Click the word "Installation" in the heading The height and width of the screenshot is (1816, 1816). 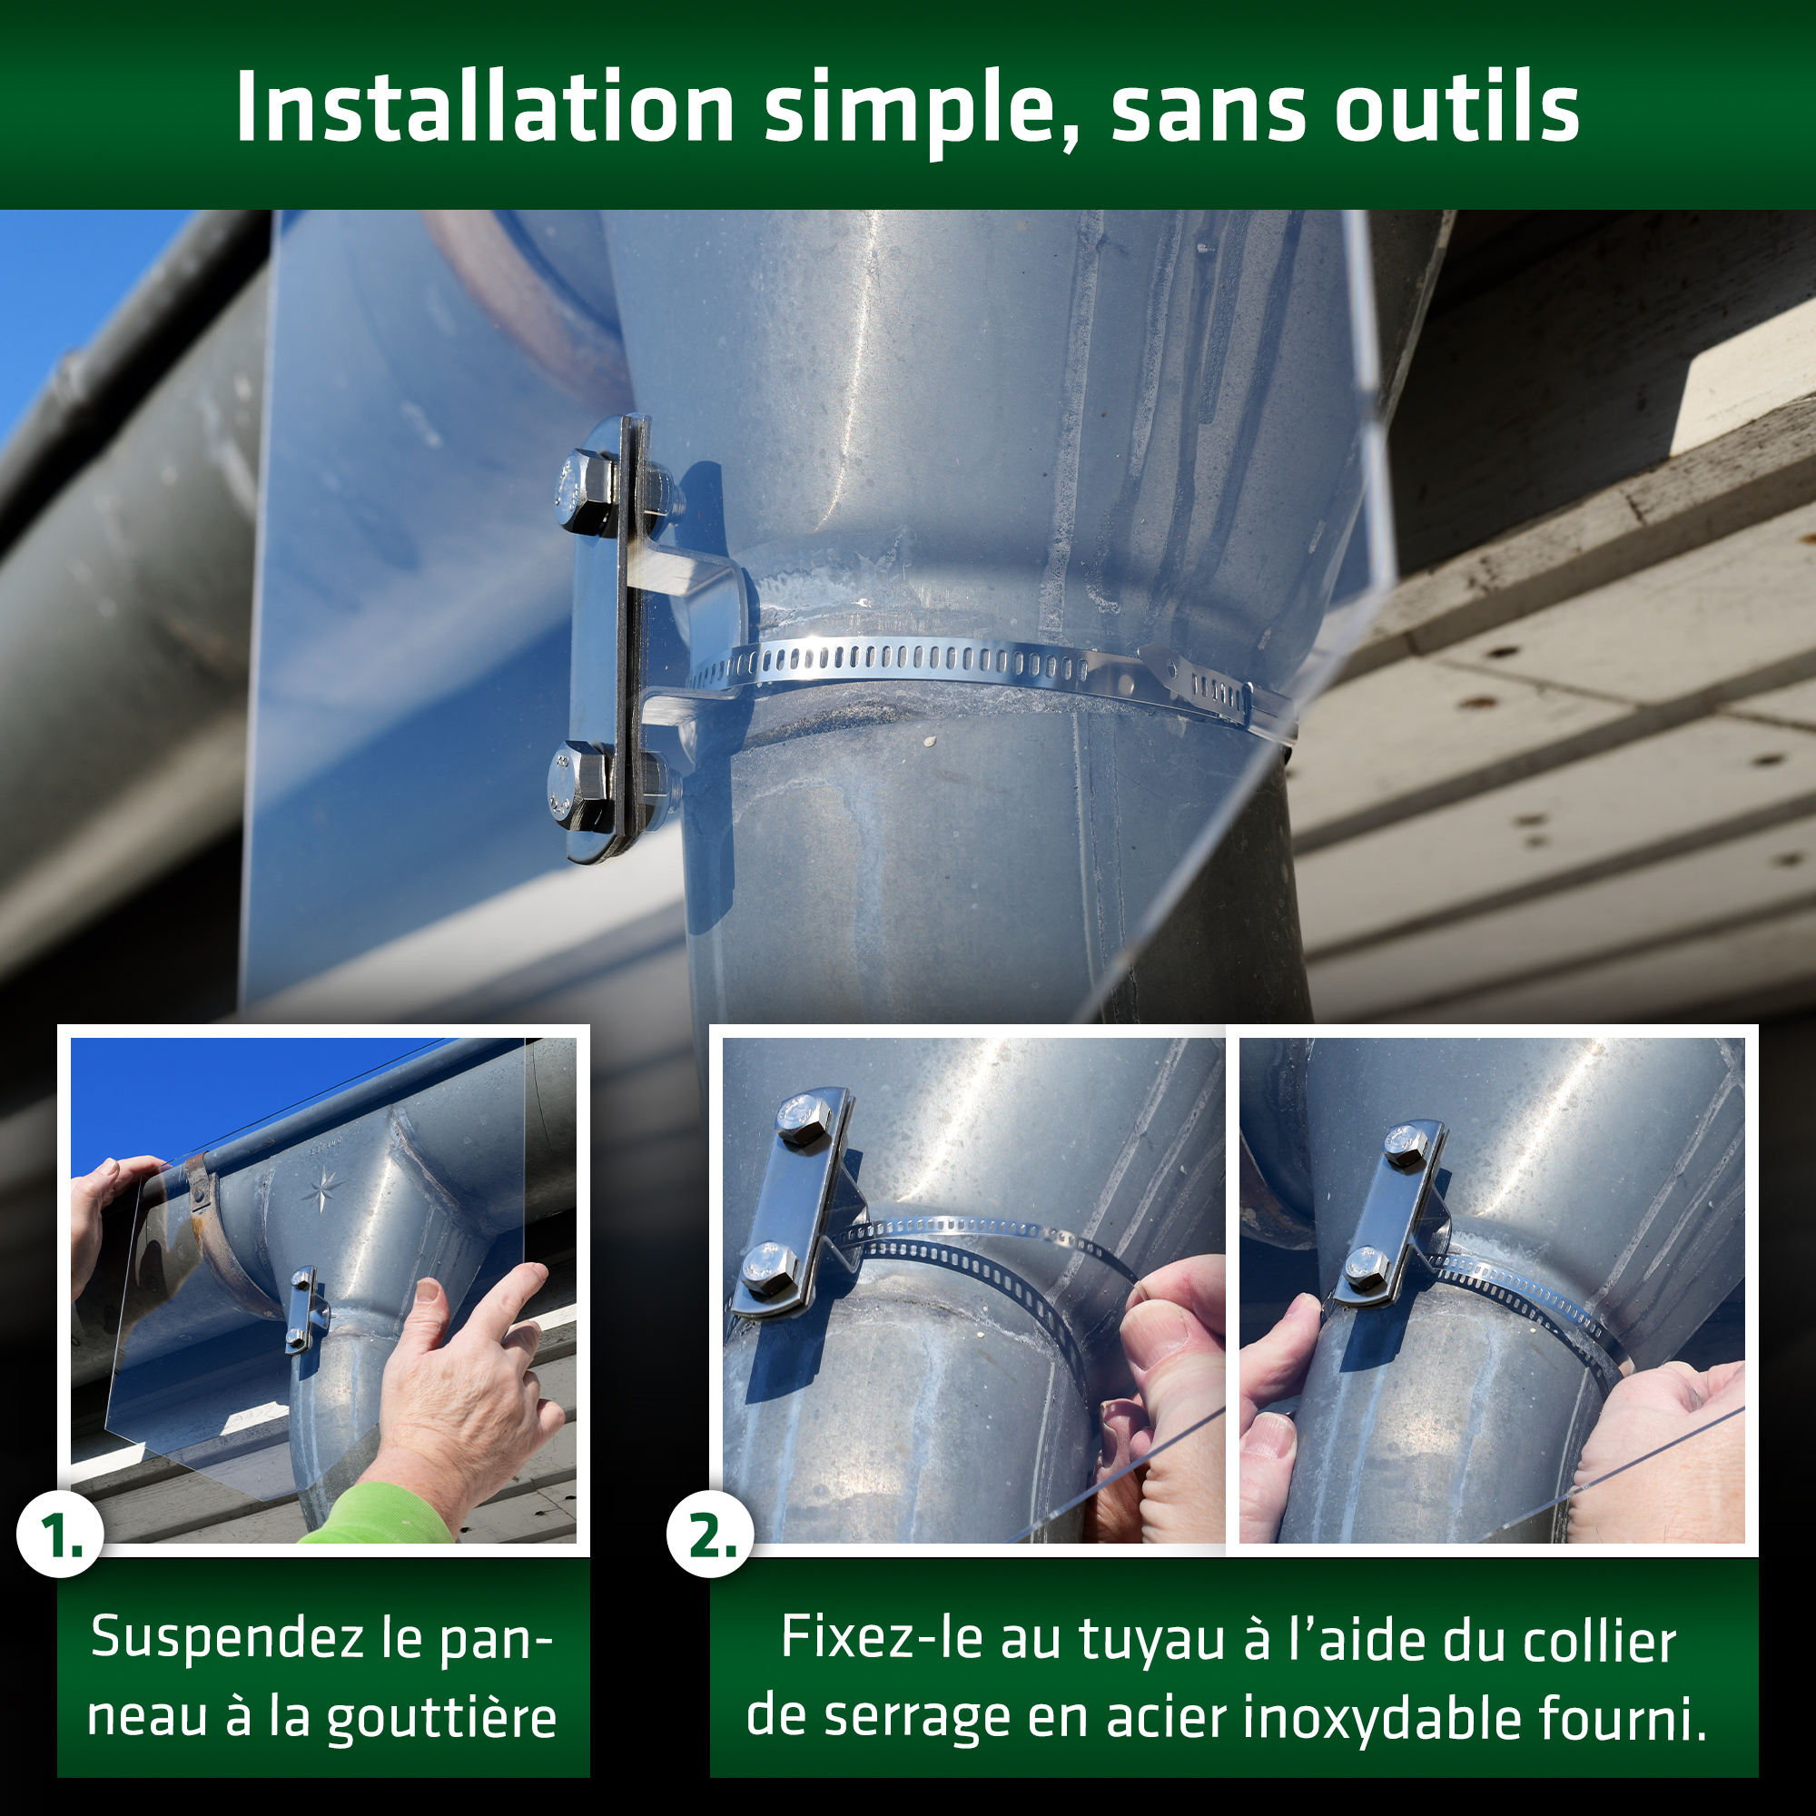[484, 106]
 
